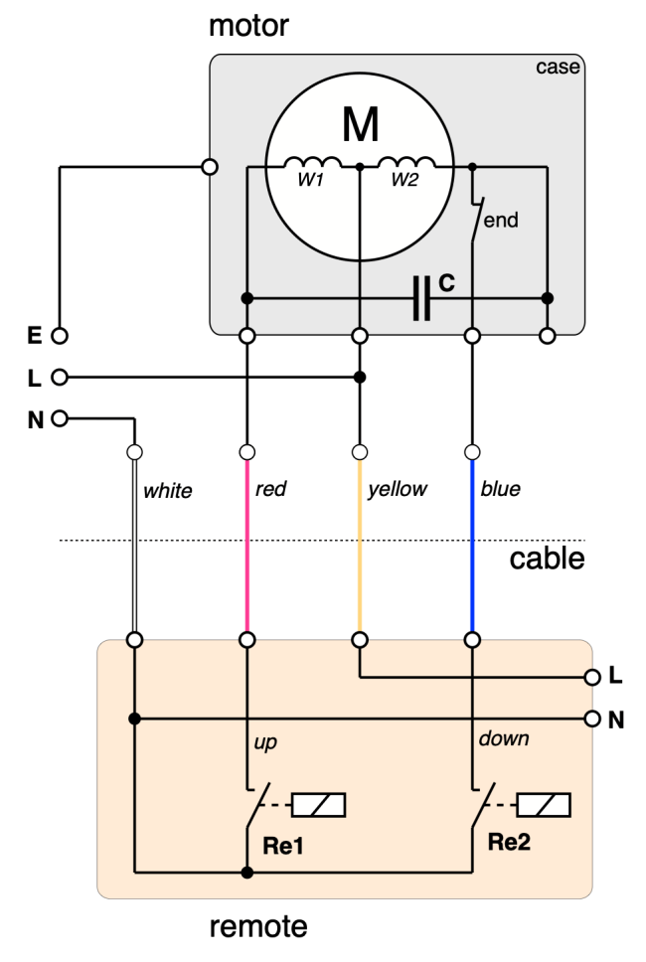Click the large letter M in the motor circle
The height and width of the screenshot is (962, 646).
360,124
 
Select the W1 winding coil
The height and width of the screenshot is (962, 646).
312,162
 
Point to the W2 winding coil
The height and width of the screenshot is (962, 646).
406,162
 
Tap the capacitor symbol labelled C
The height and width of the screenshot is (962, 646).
421,298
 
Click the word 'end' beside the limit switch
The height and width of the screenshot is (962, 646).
501,220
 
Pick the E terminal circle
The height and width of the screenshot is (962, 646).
60,336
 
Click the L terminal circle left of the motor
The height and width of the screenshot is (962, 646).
60,377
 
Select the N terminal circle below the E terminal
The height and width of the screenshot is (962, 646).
60,419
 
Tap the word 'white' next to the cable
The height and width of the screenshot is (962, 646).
168,490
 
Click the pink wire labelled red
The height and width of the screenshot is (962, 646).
247,546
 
